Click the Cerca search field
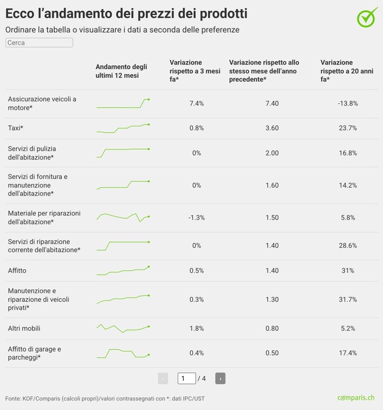[39, 43]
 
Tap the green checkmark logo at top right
[367, 18]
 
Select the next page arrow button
[220, 378]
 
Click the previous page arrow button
[163, 378]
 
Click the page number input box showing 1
[187, 378]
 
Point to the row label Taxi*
[16, 128]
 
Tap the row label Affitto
[17, 270]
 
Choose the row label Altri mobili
[24, 329]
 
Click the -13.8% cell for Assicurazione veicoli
[348, 104]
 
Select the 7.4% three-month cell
[196, 104]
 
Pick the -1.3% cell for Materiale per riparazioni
[196, 217]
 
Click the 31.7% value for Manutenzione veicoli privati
[348, 299]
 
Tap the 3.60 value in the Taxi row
[272, 128]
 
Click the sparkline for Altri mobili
[123, 329]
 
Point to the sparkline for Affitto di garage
[123, 353]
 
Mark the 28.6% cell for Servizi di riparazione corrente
[348, 245]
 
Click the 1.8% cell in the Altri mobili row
[196, 329]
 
